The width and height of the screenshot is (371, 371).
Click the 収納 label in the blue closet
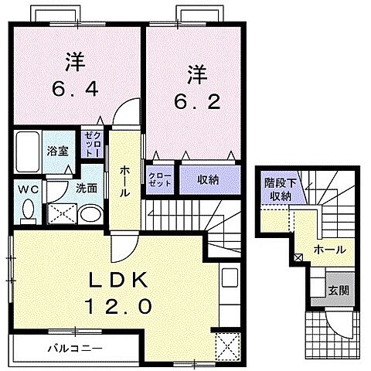[x=207, y=179]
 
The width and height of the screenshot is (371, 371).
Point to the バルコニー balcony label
[x=74, y=347]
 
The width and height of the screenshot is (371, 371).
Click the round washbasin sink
[x=90, y=214]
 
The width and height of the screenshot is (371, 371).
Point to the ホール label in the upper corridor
[x=124, y=179]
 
